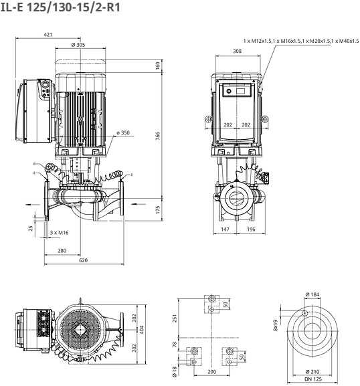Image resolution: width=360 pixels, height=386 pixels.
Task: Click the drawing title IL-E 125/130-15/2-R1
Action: point(60,7)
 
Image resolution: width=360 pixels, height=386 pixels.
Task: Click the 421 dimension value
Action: point(48,35)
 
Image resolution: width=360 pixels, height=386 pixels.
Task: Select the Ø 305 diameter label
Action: point(78,45)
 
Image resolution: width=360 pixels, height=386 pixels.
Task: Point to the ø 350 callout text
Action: point(123,132)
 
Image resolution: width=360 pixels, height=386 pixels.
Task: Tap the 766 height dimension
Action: point(158,136)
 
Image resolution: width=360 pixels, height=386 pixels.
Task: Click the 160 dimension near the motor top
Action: point(158,66)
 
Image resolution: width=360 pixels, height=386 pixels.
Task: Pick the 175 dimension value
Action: point(158,209)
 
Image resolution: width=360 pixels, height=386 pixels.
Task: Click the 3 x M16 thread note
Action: point(59,233)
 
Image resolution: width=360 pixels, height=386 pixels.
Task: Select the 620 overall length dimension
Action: point(83,260)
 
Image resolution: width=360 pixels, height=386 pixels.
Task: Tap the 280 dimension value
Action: point(62,251)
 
